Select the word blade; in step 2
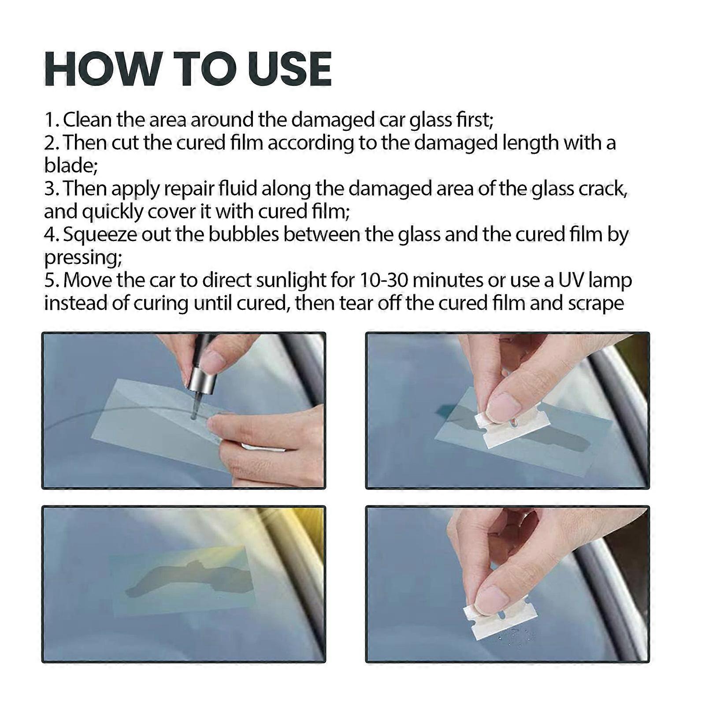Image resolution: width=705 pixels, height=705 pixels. (x=70, y=166)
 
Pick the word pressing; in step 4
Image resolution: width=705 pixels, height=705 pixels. (x=83, y=257)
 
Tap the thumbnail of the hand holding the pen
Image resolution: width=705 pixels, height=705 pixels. (x=216, y=361)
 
